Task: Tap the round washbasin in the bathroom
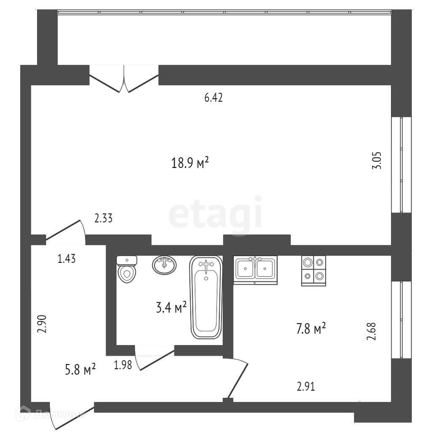point(164,265)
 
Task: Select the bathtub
point(206,297)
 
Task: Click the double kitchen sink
point(255,269)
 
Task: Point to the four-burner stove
point(314,270)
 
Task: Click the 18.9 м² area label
point(190,163)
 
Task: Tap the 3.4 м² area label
point(171,308)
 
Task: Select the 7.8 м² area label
point(311,328)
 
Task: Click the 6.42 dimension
point(213,98)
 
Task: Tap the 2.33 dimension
point(103,219)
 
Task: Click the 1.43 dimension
point(67,259)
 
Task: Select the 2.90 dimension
point(41,324)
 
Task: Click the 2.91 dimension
point(306,386)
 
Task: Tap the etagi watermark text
point(216,215)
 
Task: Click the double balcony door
point(124,78)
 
